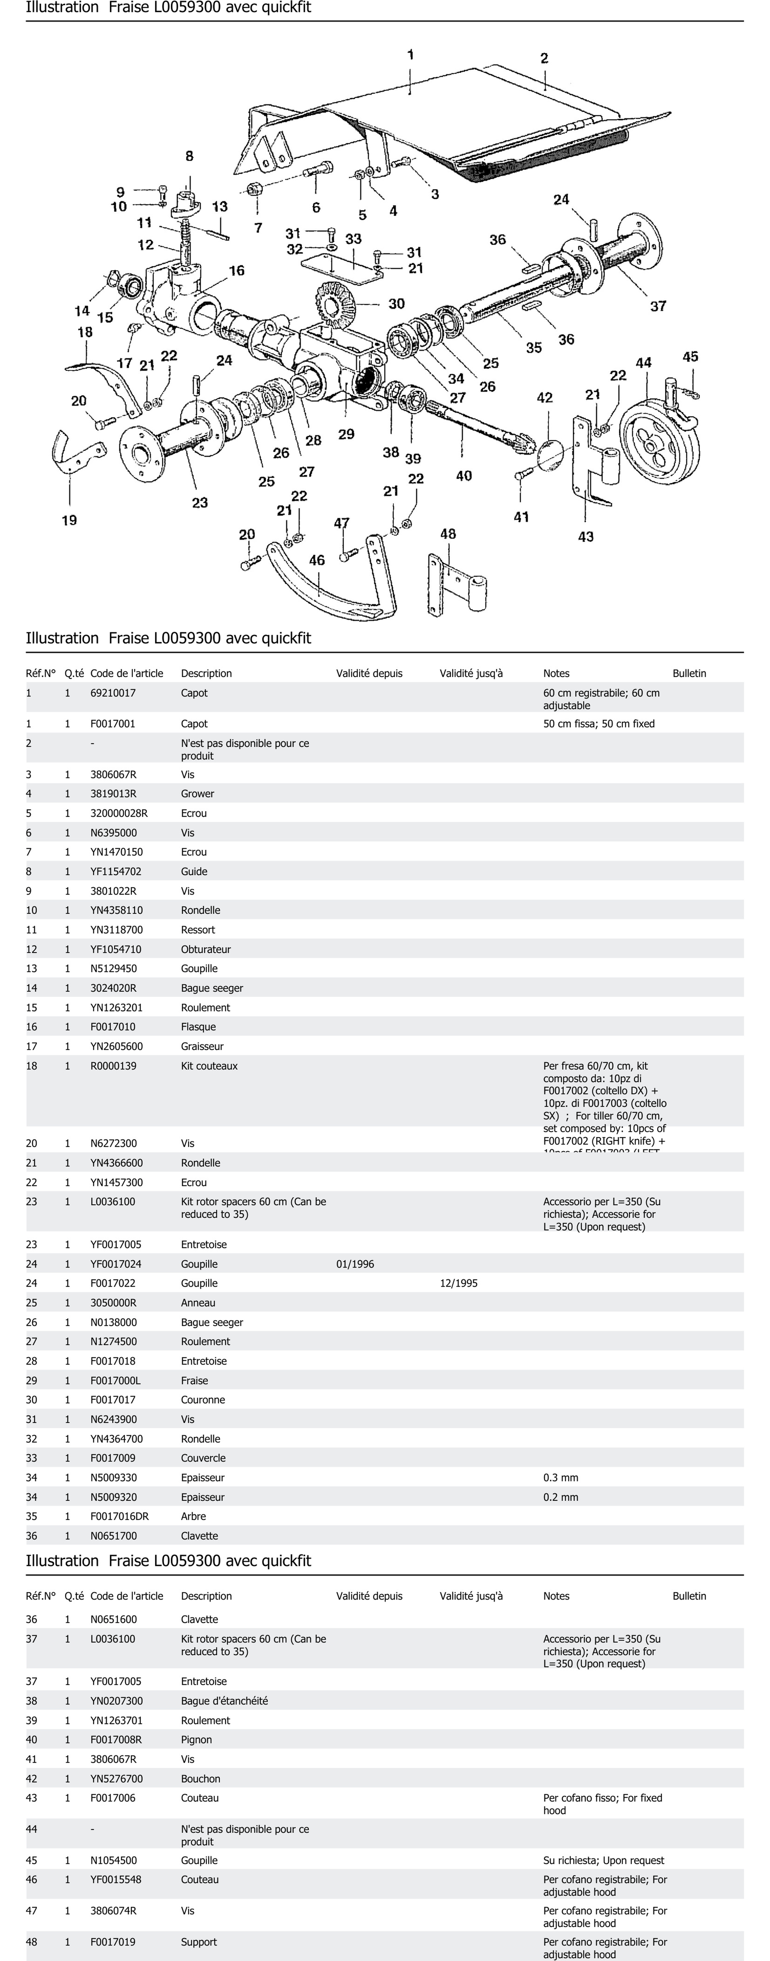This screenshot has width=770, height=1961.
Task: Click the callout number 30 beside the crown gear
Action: pyautogui.click(x=396, y=304)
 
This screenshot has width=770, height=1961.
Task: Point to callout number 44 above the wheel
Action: pyautogui.click(x=644, y=363)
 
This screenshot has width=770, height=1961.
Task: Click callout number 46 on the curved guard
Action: pyautogui.click(x=317, y=560)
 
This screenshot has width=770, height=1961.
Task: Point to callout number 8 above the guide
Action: pyautogui.click(x=189, y=156)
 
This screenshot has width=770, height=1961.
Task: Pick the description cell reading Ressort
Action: pyautogui.click(x=198, y=929)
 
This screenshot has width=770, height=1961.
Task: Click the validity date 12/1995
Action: pyautogui.click(x=459, y=1283)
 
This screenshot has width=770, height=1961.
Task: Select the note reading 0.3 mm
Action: pyautogui.click(x=561, y=1478)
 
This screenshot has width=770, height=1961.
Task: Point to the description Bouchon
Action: pyautogui.click(x=201, y=1778)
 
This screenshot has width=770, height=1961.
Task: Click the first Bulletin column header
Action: pyautogui.click(x=689, y=673)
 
